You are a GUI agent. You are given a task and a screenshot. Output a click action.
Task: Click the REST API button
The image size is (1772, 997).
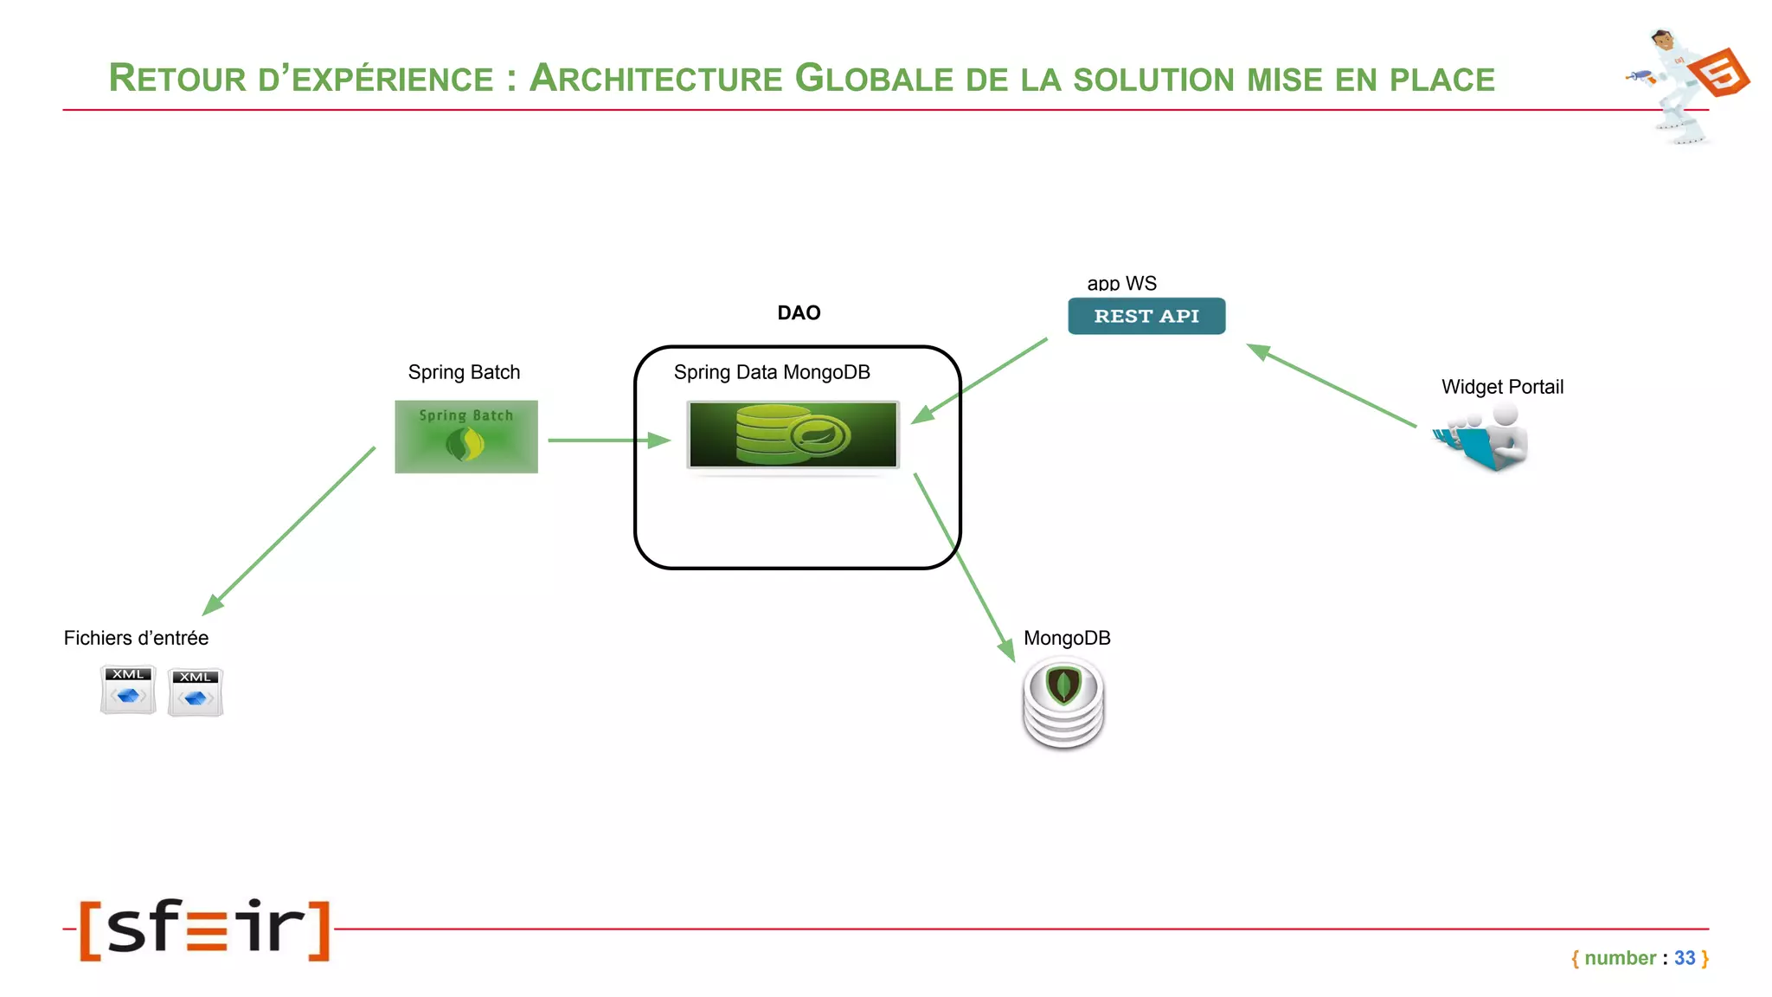click(x=1146, y=316)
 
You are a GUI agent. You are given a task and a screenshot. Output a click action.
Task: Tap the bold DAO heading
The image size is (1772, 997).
click(x=798, y=312)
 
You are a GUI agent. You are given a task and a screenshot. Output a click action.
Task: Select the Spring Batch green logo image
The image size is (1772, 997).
click(x=466, y=436)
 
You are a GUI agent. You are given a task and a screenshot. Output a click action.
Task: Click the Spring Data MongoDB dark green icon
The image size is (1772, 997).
click(x=793, y=435)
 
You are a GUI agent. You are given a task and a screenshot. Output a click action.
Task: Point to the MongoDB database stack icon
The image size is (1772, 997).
click(x=1063, y=703)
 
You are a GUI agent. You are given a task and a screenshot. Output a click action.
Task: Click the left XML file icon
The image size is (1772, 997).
click(x=128, y=690)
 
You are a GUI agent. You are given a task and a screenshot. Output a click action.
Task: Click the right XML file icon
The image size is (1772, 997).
click(x=196, y=692)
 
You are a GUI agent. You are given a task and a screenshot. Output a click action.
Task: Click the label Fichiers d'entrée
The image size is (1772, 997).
click(x=136, y=638)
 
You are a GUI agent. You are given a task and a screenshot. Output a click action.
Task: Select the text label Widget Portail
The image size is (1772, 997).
click(x=1502, y=387)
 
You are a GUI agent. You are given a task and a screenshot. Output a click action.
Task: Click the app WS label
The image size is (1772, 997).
click(x=1121, y=283)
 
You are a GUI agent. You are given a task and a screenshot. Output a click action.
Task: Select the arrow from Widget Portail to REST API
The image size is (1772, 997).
click(x=1332, y=386)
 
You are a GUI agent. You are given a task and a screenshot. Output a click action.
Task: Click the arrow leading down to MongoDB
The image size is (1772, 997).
click(x=965, y=568)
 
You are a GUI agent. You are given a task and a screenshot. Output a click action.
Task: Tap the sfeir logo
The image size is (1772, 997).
click(x=205, y=929)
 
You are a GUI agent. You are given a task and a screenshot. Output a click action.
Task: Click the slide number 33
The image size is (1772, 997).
click(x=1684, y=958)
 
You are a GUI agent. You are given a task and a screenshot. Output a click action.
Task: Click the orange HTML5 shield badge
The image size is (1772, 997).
click(x=1720, y=74)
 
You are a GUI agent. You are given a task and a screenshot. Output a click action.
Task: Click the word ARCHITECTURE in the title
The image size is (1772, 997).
click(x=656, y=79)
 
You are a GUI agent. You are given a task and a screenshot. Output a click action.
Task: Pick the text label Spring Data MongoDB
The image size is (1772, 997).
click(x=772, y=372)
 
